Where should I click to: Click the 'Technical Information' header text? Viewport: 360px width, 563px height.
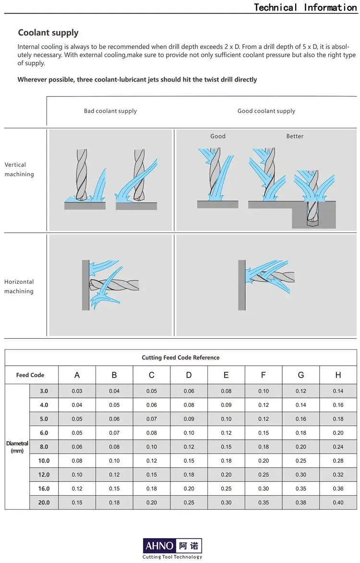(x=305, y=7)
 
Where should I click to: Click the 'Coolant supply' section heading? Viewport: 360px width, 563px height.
(x=48, y=33)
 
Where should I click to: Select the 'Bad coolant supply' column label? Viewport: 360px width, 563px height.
(x=110, y=111)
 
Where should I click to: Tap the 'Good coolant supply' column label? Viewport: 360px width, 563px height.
(x=266, y=111)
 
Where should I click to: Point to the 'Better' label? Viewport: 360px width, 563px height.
(x=295, y=136)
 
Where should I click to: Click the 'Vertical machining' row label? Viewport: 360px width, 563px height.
(x=19, y=170)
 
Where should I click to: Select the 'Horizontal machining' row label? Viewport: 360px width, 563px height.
(x=19, y=286)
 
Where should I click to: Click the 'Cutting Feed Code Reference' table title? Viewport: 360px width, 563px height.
(x=180, y=357)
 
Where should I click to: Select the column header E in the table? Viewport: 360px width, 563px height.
(x=226, y=375)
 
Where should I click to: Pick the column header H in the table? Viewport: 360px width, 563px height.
(x=338, y=375)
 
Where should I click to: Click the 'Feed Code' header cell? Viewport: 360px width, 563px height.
(x=30, y=375)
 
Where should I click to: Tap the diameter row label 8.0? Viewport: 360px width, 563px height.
(x=44, y=447)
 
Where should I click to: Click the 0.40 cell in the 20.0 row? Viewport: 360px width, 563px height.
(x=338, y=502)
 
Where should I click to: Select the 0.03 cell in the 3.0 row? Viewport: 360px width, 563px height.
(x=77, y=391)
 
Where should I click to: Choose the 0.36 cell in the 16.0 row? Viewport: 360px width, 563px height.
(x=338, y=489)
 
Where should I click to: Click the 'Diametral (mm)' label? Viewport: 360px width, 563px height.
(x=17, y=447)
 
